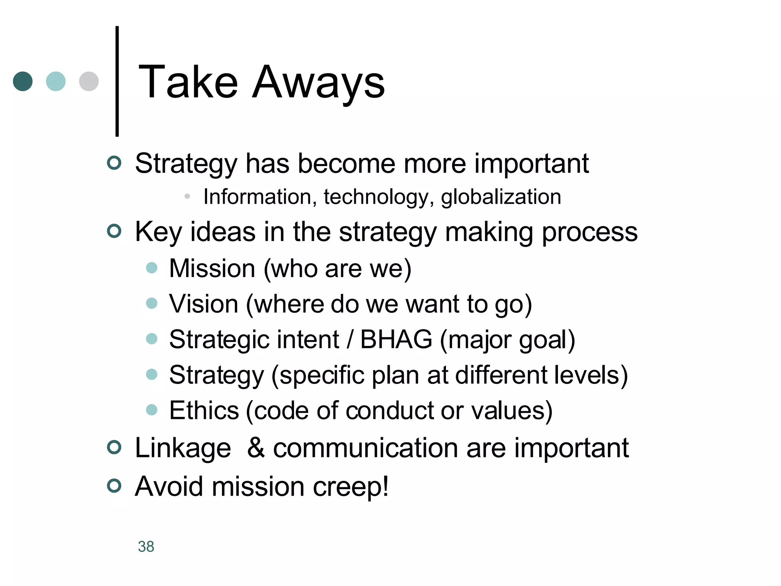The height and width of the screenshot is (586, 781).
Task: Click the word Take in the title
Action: tap(188, 82)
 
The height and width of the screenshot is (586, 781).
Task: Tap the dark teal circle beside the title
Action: tap(23, 81)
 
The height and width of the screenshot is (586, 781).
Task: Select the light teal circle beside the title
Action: tap(56, 81)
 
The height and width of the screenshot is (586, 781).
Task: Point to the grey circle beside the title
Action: tap(89, 81)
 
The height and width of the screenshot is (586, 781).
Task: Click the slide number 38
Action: tap(146, 546)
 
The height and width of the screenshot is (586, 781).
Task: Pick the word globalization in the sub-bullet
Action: tap(501, 198)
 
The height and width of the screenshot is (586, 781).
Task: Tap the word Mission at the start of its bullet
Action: tap(212, 268)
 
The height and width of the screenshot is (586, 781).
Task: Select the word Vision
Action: tap(204, 304)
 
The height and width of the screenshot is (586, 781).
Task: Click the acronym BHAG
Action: tap(396, 339)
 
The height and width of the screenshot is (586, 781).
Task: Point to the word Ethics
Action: tap(204, 411)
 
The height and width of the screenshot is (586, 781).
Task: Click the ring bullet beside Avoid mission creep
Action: tap(114, 486)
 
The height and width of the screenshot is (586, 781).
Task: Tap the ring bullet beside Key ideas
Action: tap(114, 231)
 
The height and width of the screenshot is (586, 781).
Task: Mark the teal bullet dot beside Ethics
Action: tap(152, 410)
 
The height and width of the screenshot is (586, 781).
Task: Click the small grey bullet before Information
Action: tap(187, 196)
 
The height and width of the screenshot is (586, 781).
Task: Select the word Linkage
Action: tap(183, 448)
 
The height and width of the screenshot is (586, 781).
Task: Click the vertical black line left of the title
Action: tap(117, 81)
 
